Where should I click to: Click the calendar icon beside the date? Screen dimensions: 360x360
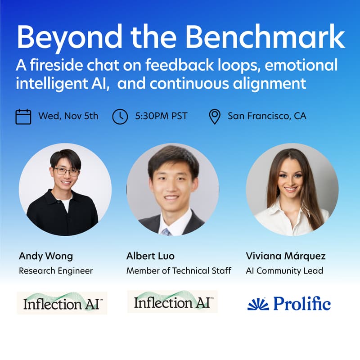tap(23, 116)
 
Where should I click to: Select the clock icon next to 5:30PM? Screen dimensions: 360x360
tap(120, 116)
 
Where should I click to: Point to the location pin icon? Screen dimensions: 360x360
tap(215, 116)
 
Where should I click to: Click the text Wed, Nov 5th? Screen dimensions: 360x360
tap(68, 116)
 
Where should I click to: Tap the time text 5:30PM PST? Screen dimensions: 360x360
tap(161, 116)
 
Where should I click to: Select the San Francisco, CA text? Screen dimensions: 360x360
tap(267, 116)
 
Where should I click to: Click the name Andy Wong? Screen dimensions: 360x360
tap(45, 256)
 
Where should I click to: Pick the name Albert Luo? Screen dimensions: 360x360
tap(150, 256)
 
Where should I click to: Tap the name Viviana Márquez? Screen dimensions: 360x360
tap(286, 256)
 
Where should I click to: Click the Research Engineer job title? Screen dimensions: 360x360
tap(56, 271)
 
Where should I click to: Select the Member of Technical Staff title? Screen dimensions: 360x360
tap(179, 271)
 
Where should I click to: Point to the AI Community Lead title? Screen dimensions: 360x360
tap(284, 271)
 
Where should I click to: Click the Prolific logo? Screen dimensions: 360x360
tap(289, 304)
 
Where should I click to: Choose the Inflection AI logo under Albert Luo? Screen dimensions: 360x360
tap(172, 302)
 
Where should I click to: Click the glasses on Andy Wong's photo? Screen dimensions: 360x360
tap(66, 171)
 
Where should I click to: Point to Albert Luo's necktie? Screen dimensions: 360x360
tap(166, 232)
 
